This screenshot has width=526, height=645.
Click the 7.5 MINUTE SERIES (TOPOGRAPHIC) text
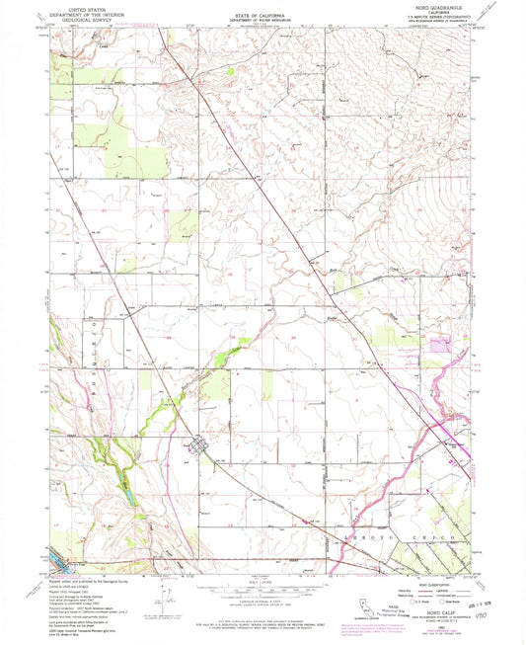441,15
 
